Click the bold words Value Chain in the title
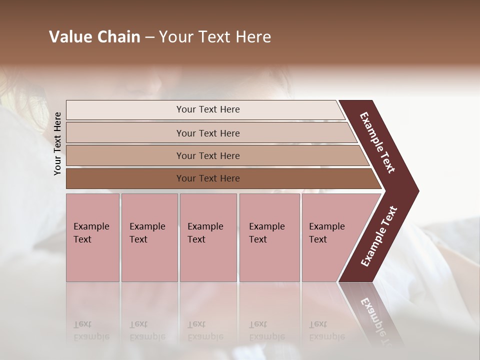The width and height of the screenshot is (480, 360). [94, 37]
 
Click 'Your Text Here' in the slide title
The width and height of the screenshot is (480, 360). [215, 37]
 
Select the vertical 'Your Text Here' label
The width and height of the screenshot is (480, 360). [57, 143]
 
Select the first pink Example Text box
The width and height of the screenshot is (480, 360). [92, 237]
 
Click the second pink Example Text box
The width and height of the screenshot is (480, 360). [149, 237]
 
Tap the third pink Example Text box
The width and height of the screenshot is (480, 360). [208, 237]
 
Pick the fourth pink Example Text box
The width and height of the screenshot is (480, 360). [269, 237]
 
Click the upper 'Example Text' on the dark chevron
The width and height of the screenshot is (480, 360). [377, 142]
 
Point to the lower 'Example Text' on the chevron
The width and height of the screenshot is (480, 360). [379, 236]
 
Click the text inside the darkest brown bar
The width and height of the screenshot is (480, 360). [208, 178]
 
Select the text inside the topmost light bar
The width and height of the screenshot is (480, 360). [208, 109]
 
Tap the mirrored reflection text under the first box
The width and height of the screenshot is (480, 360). [91, 330]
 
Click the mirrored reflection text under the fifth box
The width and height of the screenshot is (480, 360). [326, 330]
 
